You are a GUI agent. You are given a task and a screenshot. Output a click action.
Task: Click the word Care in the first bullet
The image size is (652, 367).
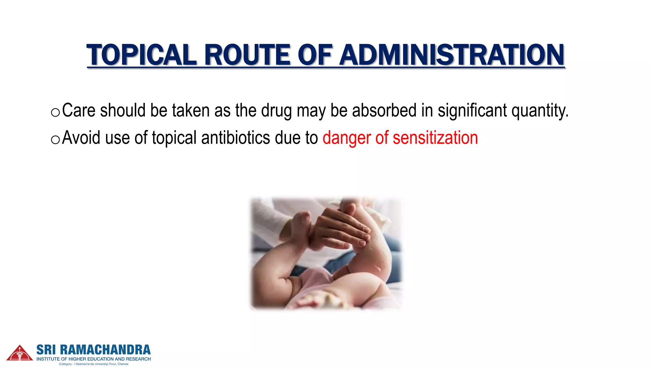pyautogui.click(x=79, y=111)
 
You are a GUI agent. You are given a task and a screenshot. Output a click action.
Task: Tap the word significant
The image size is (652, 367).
pyautogui.click(x=472, y=111)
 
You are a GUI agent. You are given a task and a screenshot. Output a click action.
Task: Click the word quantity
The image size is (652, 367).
pyautogui.click(x=540, y=111)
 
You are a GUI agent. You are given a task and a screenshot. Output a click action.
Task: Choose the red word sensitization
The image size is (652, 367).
pyautogui.click(x=435, y=138)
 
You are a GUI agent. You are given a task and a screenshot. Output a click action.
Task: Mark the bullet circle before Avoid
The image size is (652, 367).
pyautogui.click(x=55, y=140)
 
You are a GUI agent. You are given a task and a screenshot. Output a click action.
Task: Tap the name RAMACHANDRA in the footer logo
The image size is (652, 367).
pyautogui.click(x=105, y=350)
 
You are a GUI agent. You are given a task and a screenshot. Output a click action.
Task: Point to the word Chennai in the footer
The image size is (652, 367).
pyautogui.click(x=123, y=364)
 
